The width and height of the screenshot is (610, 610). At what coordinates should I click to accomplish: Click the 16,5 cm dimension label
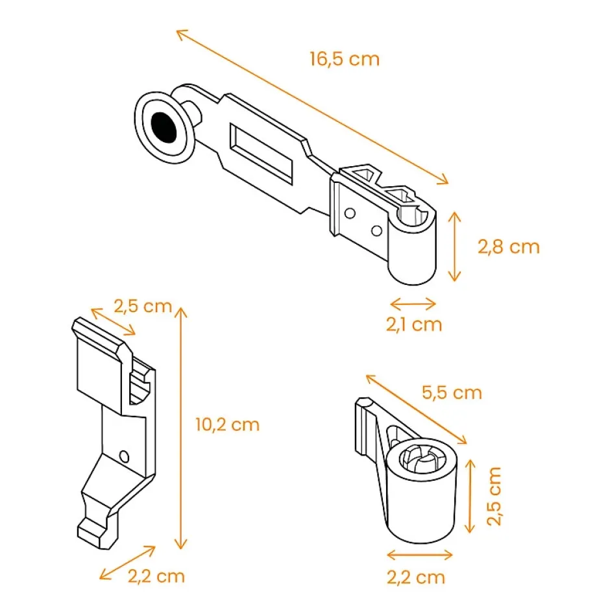coord(344,59)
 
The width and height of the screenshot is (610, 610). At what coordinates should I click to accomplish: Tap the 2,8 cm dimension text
coord(508,247)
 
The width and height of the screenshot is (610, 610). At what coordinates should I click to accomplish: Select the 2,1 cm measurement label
coord(414,324)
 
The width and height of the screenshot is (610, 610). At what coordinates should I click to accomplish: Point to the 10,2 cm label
coord(227,425)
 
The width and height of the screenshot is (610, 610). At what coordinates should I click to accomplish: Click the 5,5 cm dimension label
coord(452,393)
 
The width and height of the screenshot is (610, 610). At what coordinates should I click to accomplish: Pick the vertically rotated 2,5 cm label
coord(494,496)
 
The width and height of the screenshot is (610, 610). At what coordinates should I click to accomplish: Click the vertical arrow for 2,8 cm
coord(455,246)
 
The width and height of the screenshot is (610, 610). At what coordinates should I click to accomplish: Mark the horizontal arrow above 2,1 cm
coord(413,302)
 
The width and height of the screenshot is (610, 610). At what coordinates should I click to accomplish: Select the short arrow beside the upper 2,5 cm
coord(114,322)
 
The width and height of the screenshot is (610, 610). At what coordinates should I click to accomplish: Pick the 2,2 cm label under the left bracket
coord(156,576)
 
